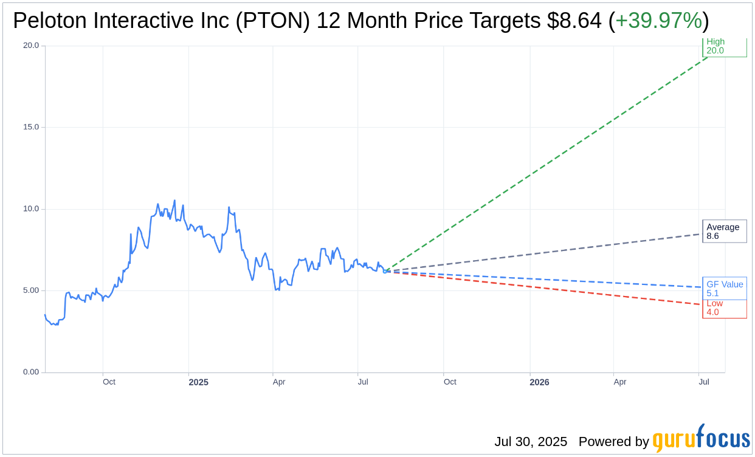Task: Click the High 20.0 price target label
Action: [724, 46]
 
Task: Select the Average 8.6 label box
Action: [724, 232]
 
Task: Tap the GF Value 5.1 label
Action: [724, 289]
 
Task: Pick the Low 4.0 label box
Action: [724, 308]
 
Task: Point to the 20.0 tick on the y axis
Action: [30, 46]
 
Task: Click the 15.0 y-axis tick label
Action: [30, 127]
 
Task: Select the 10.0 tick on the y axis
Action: [30, 209]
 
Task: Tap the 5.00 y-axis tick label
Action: [30, 290]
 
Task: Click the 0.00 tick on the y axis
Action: [30, 372]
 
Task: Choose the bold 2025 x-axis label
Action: [198, 382]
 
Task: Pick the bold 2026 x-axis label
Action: [539, 382]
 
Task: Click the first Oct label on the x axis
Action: [109, 382]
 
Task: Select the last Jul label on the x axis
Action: [704, 382]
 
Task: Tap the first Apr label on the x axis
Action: [279, 382]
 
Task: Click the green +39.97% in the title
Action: [658, 21]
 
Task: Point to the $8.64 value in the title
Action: [574, 21]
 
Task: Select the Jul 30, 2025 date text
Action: [530, 441]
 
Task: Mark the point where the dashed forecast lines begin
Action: [385, 272]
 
